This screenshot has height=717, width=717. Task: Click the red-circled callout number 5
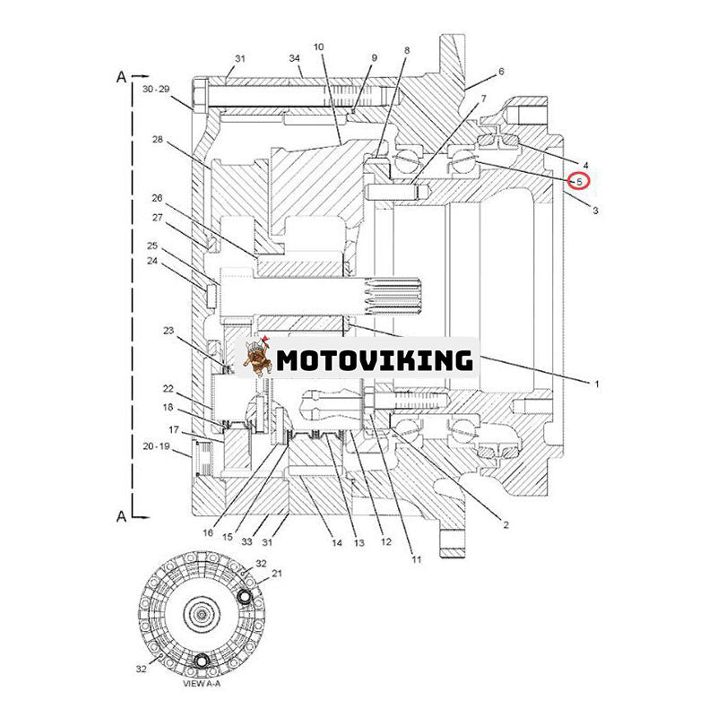[580, 182]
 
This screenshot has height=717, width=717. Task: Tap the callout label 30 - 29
[155, 90]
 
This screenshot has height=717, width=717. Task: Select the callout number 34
[294, 58]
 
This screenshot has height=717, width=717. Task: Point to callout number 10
[318, 46]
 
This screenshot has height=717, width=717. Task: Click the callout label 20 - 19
[155, 445]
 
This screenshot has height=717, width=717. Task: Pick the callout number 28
[157, 140]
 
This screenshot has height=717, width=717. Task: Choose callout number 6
[501, 72]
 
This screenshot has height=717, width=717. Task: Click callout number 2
[505, 525]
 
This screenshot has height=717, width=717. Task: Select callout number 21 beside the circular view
[277, 573]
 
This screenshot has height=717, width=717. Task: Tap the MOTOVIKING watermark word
[374, 360]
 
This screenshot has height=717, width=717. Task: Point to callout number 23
[168, 330]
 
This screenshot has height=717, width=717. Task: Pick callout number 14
[336, 543]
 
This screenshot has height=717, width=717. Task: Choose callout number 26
[157, 198]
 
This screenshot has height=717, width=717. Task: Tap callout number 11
[416, 560]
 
